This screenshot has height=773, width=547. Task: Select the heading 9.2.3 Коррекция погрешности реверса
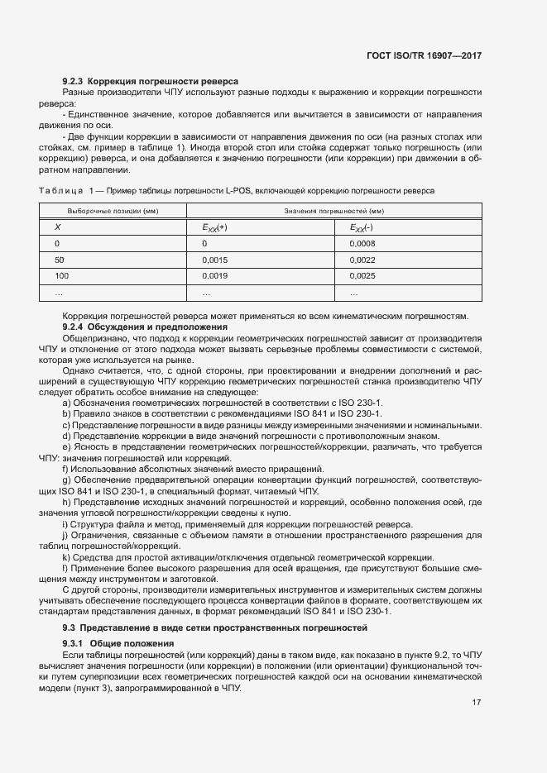coord(151,81)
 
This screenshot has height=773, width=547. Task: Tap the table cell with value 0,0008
coord(362,244)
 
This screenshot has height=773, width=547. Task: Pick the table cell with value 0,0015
coord(214,260)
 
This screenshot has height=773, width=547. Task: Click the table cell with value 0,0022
coord(362,260)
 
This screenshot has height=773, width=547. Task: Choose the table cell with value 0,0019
coord(214,274)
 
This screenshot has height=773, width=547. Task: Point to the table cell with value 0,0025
coord(362,274)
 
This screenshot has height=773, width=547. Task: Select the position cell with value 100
coord(61,274)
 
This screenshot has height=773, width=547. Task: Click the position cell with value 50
coord(59,260)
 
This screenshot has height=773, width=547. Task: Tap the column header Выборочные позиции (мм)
coord(113,212)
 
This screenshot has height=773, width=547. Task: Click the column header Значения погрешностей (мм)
coord(333,212)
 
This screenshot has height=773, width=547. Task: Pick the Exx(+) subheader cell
coord(214,228)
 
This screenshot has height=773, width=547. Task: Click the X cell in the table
coord(57,228)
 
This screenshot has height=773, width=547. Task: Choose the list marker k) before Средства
coord(65,558)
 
